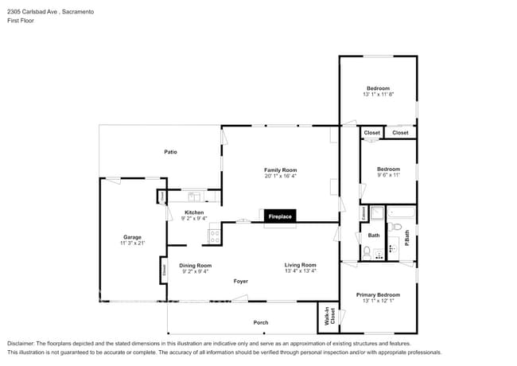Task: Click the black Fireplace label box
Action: click(279, 216)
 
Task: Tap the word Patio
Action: click(170, 151)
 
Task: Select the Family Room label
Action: click(280, 169)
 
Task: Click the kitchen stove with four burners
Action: click(214, 235)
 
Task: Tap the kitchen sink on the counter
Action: click(193, 197)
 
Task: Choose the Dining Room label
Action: click(195, 265)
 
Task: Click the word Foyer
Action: click(240, 281)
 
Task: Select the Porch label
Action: click(260, 322)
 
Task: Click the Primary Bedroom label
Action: click(378, 294)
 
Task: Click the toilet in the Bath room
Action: click(367, 252)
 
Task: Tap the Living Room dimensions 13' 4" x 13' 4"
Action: click(301, 271)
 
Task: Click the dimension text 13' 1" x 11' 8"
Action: click(378, 94)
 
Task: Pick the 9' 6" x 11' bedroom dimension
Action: click(388, 175)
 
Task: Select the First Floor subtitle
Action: click(21, 21)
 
